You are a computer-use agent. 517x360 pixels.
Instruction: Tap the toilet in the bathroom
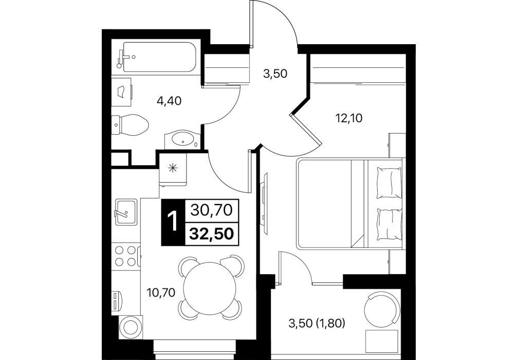click(x=130, y=125)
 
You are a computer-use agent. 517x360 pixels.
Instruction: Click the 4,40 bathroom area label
click(x=169, y=101)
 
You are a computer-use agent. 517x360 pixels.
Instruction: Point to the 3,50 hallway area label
click(x=275, y=74)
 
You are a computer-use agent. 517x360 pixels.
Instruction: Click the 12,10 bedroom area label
click(x=348, y=118)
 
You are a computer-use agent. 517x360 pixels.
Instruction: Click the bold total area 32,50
click(x=212, y=234)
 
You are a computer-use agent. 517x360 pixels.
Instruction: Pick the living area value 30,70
click(x=212, y=210)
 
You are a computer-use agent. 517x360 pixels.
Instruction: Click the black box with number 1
click(x=173, y=222)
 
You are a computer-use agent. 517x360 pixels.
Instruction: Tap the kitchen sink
click(x=126, y=212)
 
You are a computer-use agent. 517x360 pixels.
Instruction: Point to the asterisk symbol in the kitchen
click(x=173, y=168)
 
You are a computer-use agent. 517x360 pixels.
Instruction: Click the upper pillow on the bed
click(x=389, y=183)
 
